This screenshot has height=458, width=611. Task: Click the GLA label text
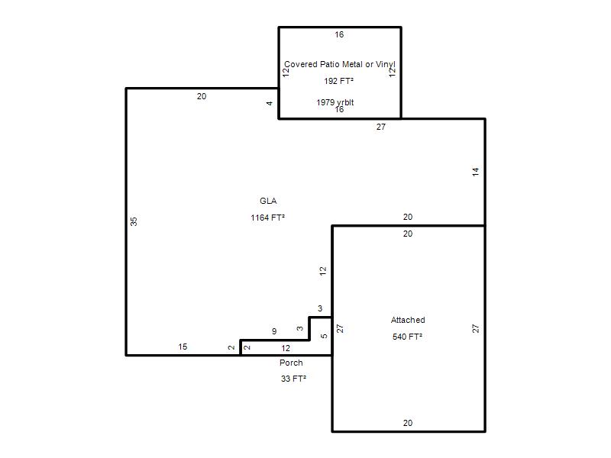point(268,201)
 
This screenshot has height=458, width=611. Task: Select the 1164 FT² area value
point(268,218)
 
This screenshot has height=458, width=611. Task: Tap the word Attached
point(408,320)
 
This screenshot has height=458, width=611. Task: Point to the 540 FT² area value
point(407,337)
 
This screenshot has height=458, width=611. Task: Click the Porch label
point(291,363)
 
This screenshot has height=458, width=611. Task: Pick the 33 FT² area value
point(293,379)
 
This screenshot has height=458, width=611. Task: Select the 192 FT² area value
point(338,81)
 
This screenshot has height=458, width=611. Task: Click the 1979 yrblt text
point(335,102)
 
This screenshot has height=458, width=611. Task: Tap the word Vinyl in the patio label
point(386,64)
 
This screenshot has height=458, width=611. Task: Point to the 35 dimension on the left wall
point(134,221)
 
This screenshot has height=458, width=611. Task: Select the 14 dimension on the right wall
point(475,173)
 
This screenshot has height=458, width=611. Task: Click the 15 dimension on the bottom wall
point(183,347)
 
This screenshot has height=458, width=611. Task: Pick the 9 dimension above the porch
point(274,331)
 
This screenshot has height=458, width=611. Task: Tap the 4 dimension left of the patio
point(270,103)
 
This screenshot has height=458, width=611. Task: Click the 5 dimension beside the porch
point(324,336)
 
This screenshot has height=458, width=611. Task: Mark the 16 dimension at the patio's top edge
point(339,34)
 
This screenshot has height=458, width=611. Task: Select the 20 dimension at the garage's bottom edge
point(408,423)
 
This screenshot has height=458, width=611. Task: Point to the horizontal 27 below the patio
point(380,127)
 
